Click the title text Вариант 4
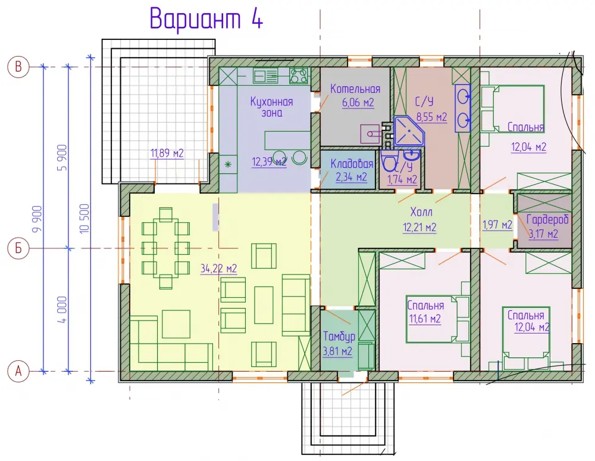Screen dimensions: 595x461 pos(206,18)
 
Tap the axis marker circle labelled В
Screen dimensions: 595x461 pos(18,67)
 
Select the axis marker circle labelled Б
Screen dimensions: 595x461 pos(18,248)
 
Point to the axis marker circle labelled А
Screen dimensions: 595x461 pos(18,371)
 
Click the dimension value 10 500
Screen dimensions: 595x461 pos(84,219)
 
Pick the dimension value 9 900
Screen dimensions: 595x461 pos(37,219)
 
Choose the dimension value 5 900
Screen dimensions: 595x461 pos(62,158)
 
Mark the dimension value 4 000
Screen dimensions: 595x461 pos(62,310)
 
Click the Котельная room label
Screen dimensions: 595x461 pos(355,89)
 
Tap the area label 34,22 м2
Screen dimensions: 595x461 pos(218,269)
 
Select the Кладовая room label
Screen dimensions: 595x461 pos(352,164)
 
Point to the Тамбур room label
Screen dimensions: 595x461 pos(339,336)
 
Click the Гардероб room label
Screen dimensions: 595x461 pos(547,220)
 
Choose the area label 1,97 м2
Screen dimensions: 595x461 pos(497,225)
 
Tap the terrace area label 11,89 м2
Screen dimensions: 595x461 pos(167,154)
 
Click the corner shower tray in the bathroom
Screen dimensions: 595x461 pos(409,132)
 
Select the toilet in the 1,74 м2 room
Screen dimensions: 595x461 pos(389,161)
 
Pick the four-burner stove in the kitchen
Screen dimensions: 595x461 pos(298,75)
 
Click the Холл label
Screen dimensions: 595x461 pos(421,211)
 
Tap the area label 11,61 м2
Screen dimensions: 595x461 pos(425,319)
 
